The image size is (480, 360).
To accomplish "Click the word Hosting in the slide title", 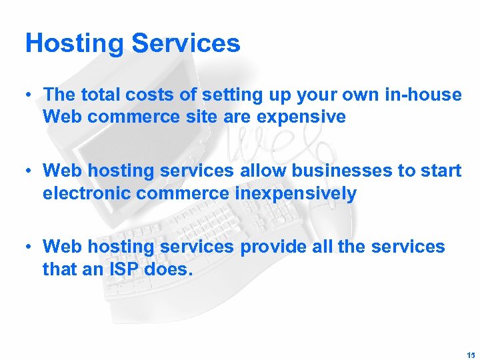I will (x=74, y=44).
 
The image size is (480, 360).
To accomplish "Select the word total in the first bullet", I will (x=100, y=95).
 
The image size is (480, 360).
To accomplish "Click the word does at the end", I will (x=176, y=270).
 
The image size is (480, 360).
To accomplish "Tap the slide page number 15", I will (x=471, y=353).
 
